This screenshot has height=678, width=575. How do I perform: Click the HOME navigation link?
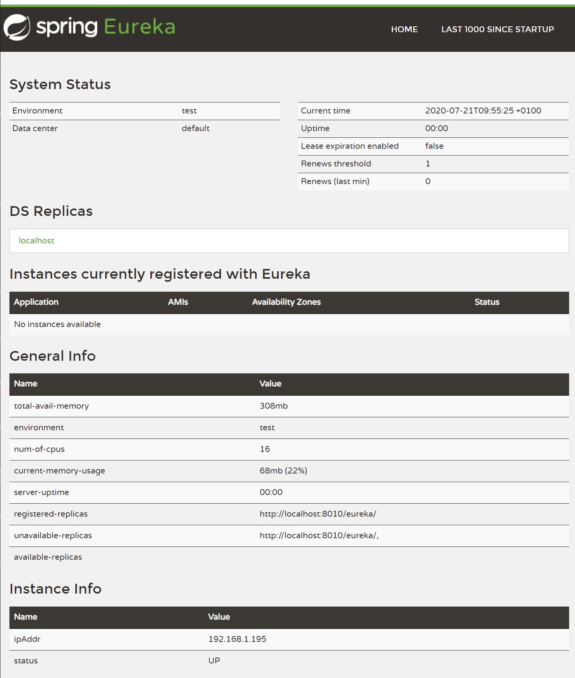[404, 29]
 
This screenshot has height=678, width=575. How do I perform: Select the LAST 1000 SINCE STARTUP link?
[497, 29]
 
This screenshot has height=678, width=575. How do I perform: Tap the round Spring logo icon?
[16, 27]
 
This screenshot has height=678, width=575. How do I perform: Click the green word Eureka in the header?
[139, 27]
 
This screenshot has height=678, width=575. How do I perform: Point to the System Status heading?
[60, 84]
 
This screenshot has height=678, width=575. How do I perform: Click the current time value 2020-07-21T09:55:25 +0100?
[483, 111]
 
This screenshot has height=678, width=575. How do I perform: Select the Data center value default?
[195, 128]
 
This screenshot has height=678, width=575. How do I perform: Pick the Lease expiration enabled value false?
[434, 146]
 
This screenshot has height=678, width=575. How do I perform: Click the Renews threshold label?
[336, 164]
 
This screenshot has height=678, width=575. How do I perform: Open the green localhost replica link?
[37, 241]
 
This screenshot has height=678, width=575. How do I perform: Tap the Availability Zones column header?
[286, 302]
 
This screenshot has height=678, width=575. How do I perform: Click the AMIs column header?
[178, 302]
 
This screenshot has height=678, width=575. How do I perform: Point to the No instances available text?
[57, 324]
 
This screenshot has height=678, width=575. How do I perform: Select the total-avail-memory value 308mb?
[274, 406]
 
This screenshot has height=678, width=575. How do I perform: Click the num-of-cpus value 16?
[265, 449]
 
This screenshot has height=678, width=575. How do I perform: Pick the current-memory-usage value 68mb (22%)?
[283, 471]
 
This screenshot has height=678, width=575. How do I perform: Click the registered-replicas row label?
[51, 514]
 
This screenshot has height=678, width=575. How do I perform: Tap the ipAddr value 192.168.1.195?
[237, 639]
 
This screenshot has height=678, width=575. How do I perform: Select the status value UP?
[214, 661]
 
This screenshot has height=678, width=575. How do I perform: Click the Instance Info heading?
[55, 589]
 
